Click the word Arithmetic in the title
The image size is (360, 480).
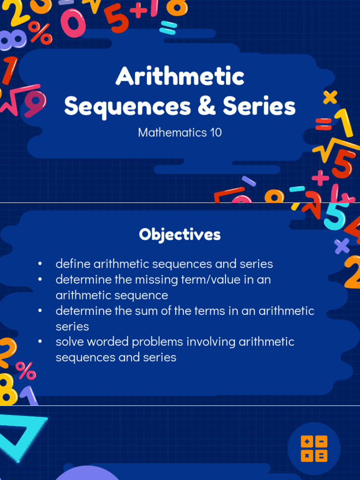[180, 76]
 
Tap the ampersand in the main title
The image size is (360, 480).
[207, 106]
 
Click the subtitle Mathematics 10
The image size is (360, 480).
[180, 133]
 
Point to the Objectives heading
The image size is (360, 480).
[180, 234]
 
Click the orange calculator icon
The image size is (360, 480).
[314, 448]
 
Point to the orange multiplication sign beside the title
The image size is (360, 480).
[330, 97]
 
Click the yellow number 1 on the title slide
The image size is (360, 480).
[345, 123]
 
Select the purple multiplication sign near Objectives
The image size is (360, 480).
[342, 246]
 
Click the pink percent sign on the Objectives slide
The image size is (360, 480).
[25, 370]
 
